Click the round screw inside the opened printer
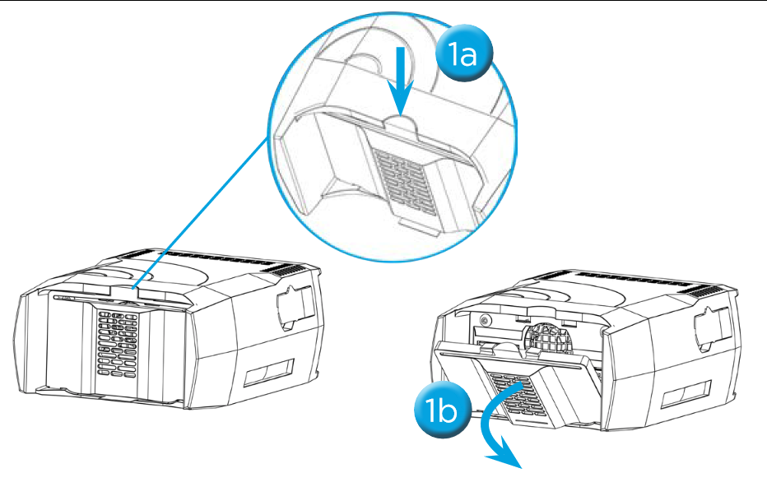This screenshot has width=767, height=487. pos(484,320)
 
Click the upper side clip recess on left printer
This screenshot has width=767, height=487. pos(294,308)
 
